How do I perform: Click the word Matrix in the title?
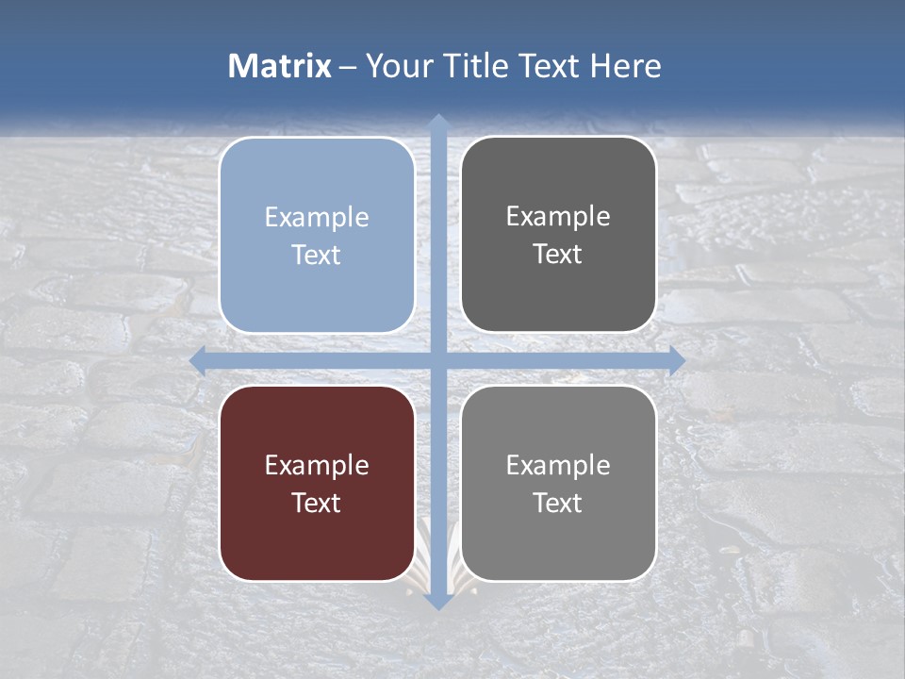coord(280,66)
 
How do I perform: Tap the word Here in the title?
coord(626,66)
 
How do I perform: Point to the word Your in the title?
coord(396,66)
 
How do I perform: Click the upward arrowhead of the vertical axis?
coord(438,123)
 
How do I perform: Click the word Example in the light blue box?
coord(317,217)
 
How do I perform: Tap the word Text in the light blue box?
coord(317,255)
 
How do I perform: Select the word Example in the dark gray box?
coord(558,216)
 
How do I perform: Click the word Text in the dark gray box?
coord(558,254)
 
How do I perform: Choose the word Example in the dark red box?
coord(317,465)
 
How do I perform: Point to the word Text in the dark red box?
coord(317,503)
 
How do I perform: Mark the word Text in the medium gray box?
coord(558,503)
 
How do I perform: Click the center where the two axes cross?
coord(438,360)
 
